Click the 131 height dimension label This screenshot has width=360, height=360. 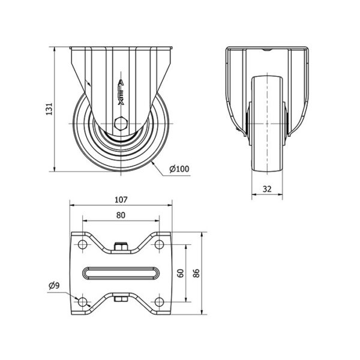(x=49, y=109)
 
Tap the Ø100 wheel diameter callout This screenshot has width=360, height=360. (x=179, y=169)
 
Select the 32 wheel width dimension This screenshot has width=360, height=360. (x=267, y=189)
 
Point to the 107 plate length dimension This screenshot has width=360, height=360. (x=121, y=200)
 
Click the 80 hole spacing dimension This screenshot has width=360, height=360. (x=121, y=215)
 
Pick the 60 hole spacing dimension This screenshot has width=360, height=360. (x=181, y=273)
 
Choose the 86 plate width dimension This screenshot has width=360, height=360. (x=196, y=273)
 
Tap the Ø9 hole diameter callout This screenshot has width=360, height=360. (x=54, y=286)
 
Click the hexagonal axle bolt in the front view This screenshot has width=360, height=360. (x=121, y=124)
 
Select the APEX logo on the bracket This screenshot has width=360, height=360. (x=121, y=92)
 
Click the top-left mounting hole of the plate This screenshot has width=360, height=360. (x=82, y=244)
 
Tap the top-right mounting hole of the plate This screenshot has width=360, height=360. (x=159, y=244)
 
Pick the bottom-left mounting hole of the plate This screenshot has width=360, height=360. (x=82, y=302)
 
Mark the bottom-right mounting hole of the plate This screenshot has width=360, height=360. (x=159, y=302)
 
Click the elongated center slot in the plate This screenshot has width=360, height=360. (x=121, y=273)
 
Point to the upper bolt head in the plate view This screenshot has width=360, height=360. (x=121, y=247)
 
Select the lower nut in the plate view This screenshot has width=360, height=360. (x=121, y=299)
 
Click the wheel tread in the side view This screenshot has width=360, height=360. (x=267, y=124)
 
